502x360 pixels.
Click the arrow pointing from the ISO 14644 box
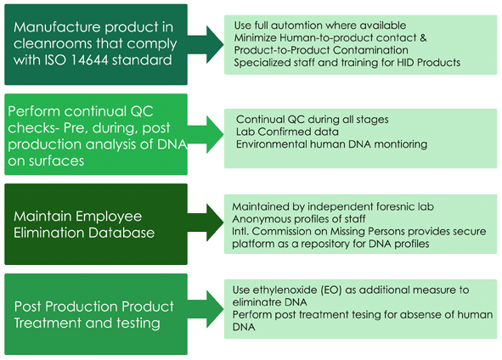point(206,44)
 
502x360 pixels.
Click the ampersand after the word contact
point(423,37)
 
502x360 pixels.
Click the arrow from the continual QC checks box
point(206,134)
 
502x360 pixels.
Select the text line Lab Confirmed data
point(287,132)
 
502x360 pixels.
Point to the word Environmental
point(271,144)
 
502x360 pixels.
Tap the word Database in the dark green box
point(121,233)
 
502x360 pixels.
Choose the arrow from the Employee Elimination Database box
point(206,222)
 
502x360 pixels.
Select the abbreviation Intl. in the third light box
point(240,231)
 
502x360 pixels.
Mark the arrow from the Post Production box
point(206,309)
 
